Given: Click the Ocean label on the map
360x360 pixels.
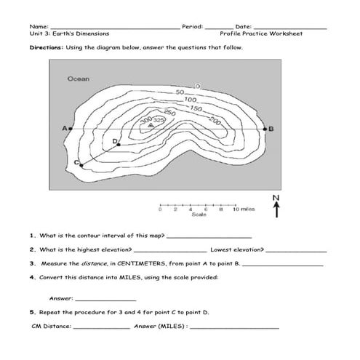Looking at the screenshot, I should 78,79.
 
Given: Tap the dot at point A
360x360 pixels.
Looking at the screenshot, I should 71,129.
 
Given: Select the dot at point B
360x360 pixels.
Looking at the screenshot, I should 265,129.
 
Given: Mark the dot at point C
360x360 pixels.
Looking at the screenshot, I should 81,166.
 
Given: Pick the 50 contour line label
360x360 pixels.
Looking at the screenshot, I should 180,92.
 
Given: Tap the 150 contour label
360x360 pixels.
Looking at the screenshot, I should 196,108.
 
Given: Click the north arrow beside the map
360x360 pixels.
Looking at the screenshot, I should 276,209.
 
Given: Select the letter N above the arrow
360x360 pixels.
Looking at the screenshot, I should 276,197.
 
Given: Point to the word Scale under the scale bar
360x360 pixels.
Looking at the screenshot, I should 199,215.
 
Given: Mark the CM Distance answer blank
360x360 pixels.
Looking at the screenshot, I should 102,327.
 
